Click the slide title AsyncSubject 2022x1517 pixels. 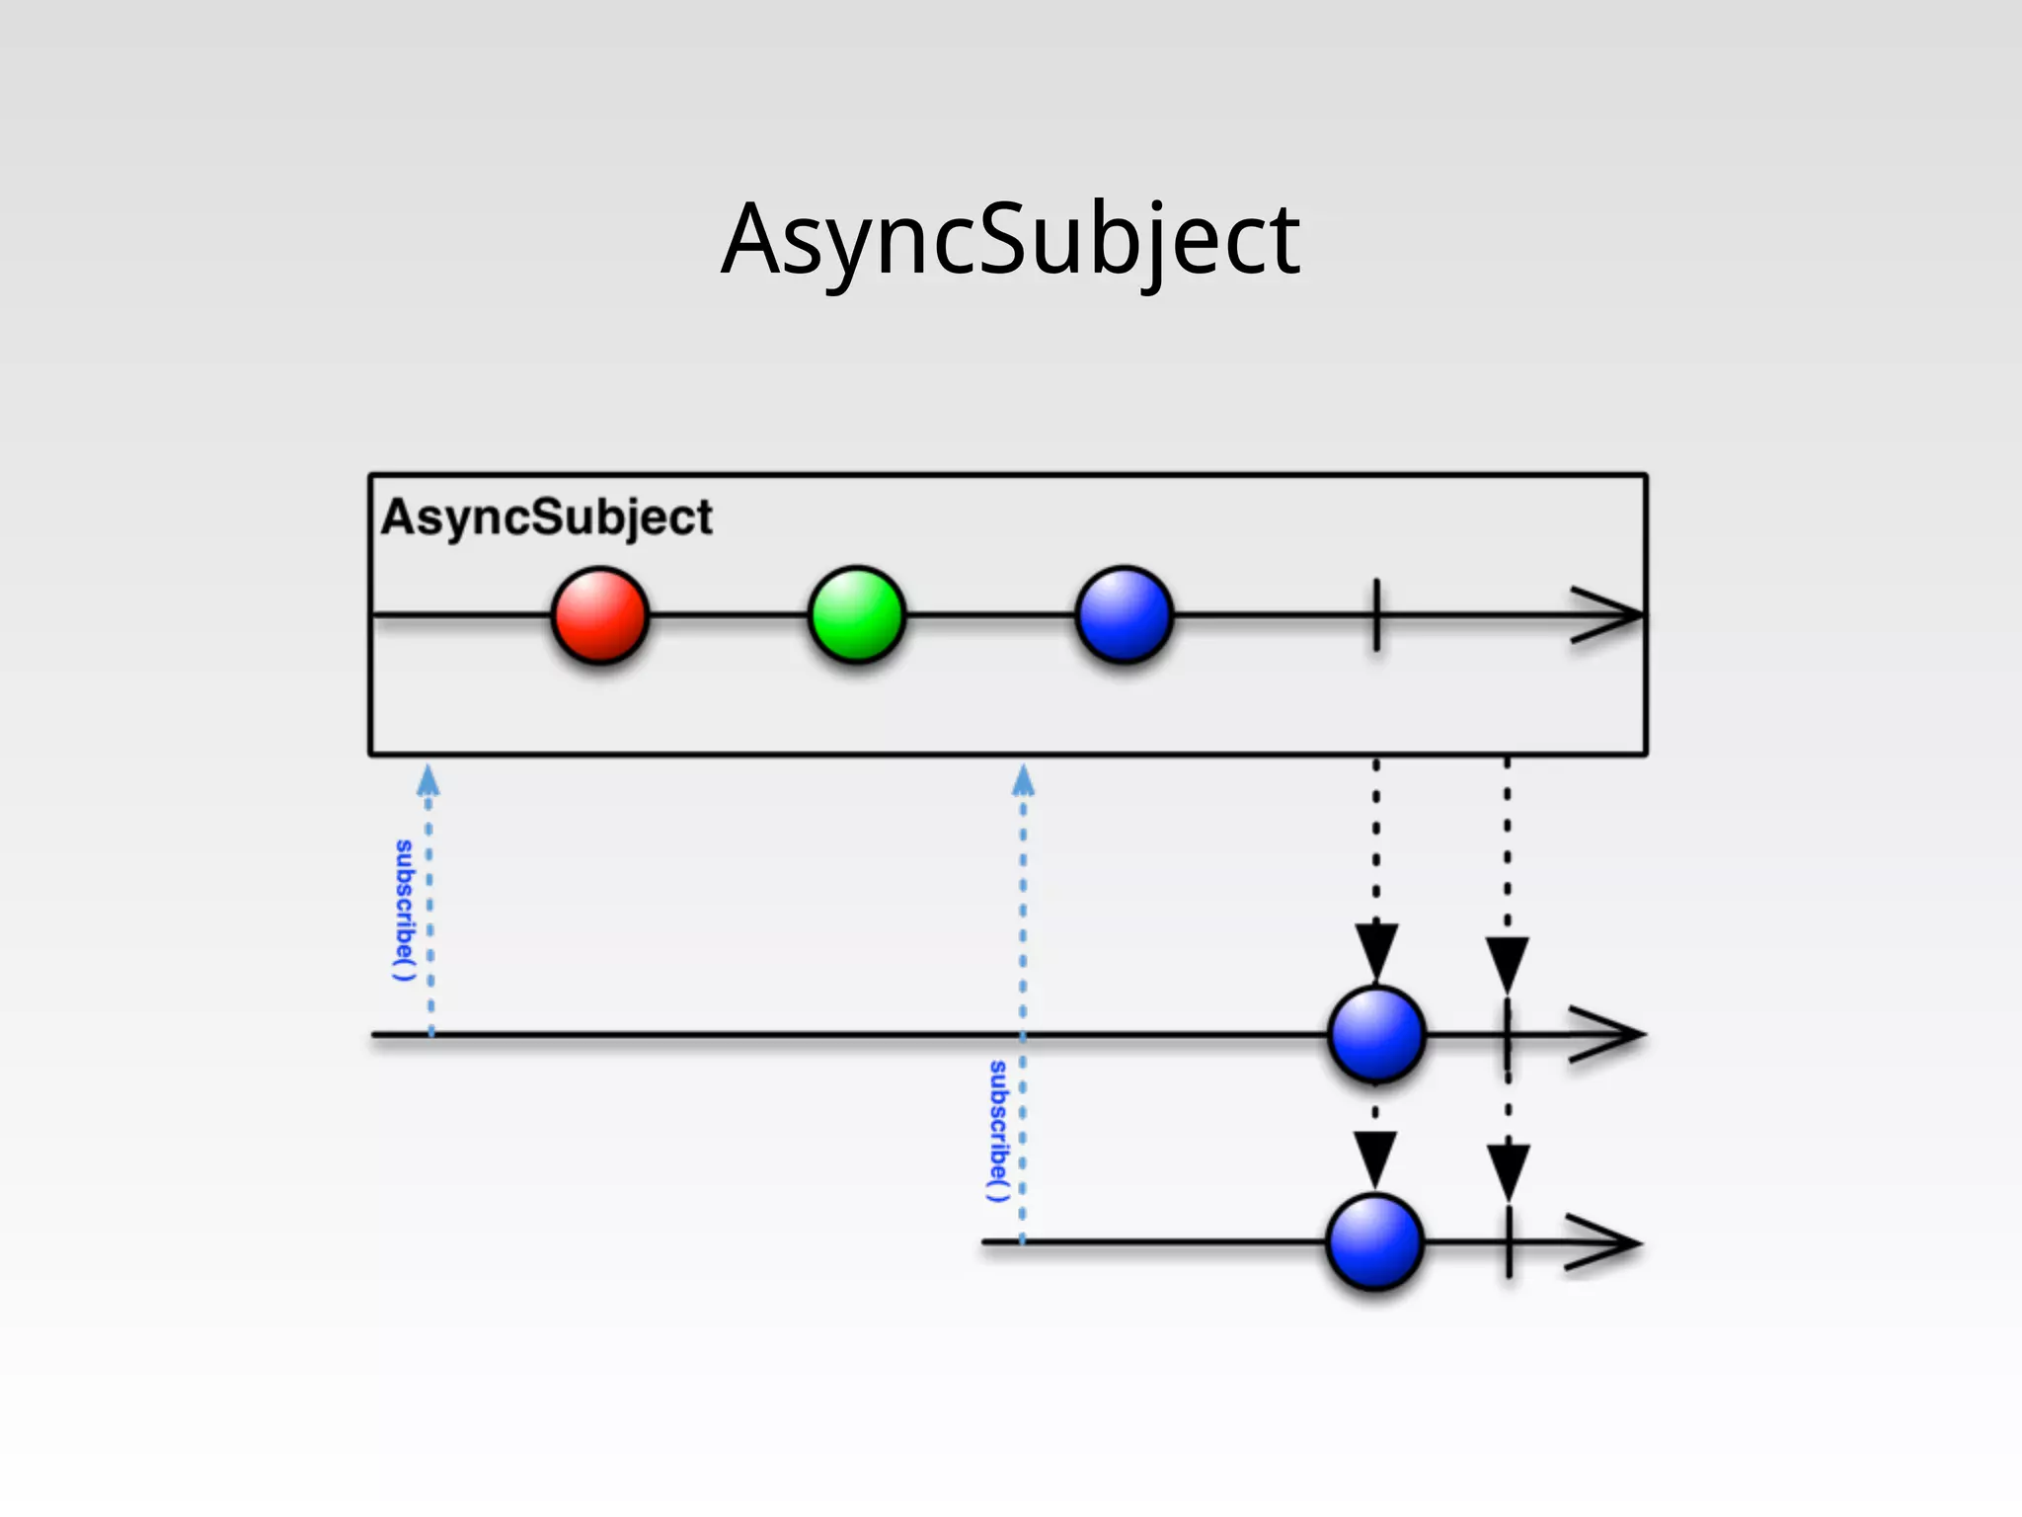1011,240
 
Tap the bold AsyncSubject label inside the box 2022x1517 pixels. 546,518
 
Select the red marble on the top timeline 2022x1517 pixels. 599,614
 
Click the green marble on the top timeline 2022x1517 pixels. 856,614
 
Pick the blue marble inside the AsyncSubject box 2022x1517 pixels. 1124,614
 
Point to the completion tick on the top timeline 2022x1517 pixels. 1376,615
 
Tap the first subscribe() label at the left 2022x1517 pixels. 404,911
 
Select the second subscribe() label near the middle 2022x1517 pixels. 998,1132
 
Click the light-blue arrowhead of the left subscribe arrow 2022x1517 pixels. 428,781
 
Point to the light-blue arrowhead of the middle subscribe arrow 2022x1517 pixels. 1023,781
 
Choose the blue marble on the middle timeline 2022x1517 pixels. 1376,1034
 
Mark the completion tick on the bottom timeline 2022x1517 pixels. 1509,1242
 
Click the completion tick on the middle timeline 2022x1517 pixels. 1508,1035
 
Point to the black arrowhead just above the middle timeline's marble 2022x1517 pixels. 1376,950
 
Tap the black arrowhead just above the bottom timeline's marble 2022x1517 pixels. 1375,1158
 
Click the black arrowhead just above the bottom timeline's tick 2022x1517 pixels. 1509,1170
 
